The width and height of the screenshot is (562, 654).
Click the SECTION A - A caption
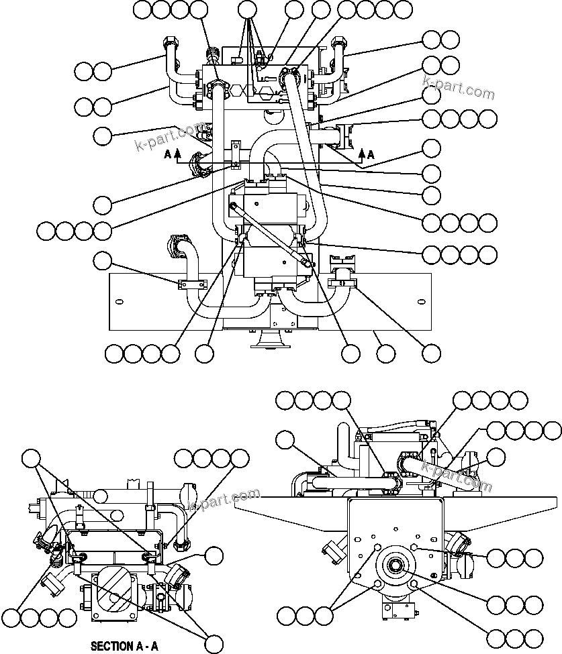coord(124,647)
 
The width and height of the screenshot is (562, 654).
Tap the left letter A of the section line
coord(168,154)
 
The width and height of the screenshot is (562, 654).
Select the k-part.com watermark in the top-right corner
coord(458,89)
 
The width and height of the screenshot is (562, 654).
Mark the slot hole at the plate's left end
coord(118,301)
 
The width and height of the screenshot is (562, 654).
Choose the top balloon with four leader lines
coord(248,9)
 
